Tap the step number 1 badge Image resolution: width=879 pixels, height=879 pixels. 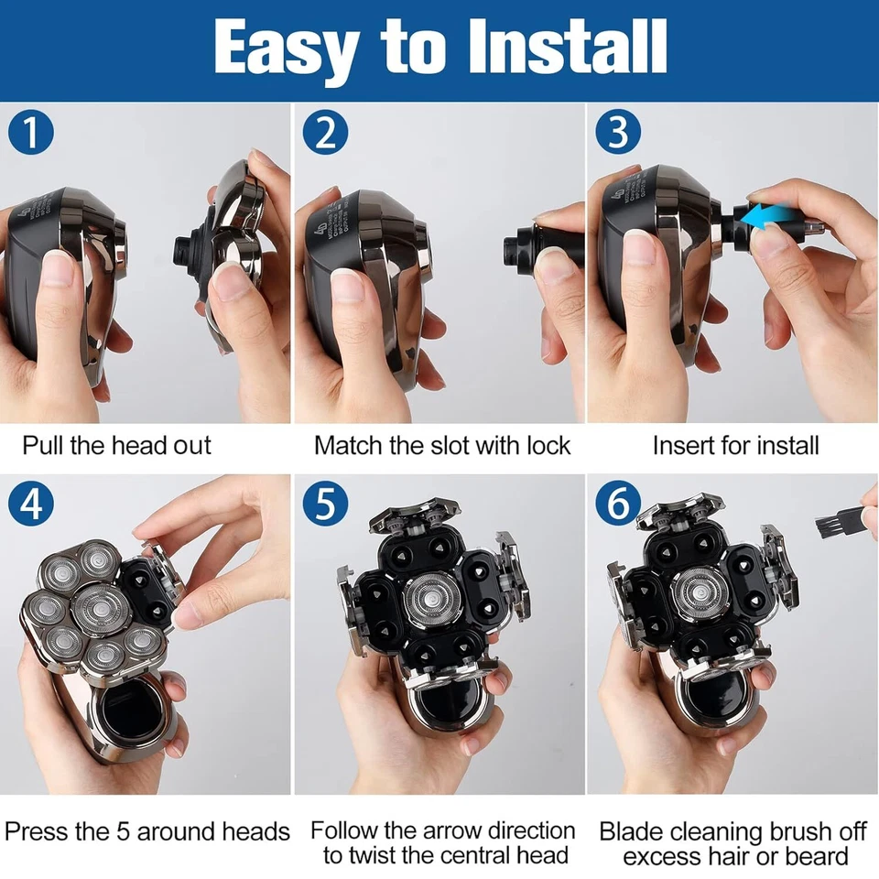click(x=32, y=133)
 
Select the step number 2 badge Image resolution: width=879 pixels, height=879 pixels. click(x=325, y=133)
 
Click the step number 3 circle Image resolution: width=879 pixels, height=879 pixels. click(x=618, y=133)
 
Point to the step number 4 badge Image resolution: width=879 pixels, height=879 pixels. click(x=32, y=505)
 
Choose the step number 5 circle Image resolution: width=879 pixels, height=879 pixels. click(x=325, y=505)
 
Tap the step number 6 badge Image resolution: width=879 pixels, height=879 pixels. click(x=618, y=505)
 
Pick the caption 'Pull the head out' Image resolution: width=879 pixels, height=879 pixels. click(x=116, y=446)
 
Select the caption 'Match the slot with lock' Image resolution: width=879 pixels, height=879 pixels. click(x=441, y=446)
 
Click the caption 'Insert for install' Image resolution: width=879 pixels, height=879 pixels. click(x=735, y=446)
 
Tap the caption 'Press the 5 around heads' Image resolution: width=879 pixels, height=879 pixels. click(x=146, y=831)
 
